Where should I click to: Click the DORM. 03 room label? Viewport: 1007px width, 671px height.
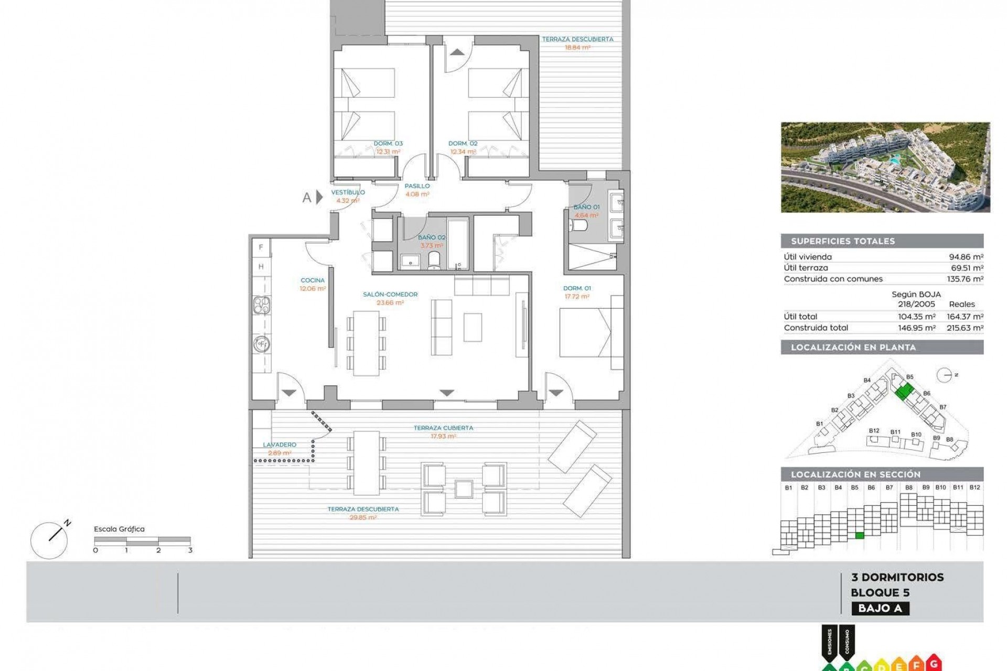388,144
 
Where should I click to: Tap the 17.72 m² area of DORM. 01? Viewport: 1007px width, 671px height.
576,297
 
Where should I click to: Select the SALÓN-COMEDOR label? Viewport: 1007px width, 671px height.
390,295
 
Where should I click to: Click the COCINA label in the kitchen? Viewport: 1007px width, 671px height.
313,280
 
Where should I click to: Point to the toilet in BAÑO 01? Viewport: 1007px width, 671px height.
579,225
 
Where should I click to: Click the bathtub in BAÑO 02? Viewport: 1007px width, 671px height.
458,243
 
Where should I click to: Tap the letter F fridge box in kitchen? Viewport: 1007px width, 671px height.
261,247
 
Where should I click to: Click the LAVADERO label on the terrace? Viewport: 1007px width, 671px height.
280,445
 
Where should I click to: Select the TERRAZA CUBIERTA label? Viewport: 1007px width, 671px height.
443,428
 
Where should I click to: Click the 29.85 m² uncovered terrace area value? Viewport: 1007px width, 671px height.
363,517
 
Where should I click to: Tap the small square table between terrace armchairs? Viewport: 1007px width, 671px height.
464,489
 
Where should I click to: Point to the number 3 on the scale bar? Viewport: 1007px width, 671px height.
190,550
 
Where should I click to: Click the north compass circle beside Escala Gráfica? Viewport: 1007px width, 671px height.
49,540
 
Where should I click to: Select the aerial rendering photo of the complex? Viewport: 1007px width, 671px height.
885,167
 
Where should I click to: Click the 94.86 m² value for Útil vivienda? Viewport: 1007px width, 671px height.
966,257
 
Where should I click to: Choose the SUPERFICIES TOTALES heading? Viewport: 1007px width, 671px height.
843,241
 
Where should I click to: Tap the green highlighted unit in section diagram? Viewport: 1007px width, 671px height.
859,535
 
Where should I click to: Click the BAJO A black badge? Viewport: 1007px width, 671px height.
880,608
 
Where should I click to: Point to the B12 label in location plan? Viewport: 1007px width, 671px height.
874,431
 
